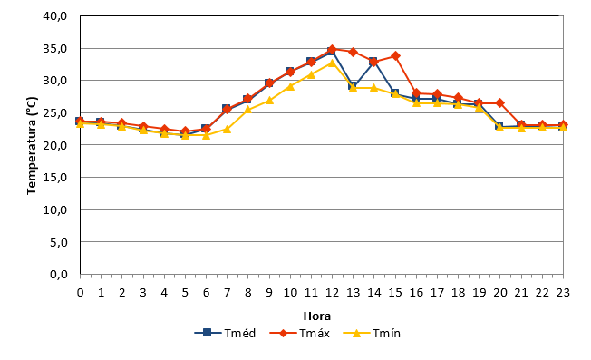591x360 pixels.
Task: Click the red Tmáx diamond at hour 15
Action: pos(395,56)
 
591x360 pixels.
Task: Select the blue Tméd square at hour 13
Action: pos(354,85)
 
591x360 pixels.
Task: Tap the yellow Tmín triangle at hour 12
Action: pos(332,63)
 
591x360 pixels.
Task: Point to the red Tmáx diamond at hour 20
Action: pos(500,102)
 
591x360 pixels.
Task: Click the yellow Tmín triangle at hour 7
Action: pos(227,129)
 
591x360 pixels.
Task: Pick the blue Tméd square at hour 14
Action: pos(373,62)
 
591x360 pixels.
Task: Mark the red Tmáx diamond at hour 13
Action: pos(354,52)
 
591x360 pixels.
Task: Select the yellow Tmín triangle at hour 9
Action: pos(269,101)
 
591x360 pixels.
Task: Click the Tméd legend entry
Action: pos(225,333)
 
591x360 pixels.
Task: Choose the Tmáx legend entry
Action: pos(300,333)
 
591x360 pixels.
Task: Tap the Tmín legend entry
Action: pos(372,333)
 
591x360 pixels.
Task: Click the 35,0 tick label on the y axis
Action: pos(55,49)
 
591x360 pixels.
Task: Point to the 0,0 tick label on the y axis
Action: pos(58,274)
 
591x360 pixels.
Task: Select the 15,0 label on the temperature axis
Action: pos(55,177)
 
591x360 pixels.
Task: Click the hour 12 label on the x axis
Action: pos(332,293)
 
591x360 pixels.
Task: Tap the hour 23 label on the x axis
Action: pos(563,293)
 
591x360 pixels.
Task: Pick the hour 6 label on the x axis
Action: pos(206,293)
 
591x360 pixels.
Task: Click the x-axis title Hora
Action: pos(317,316)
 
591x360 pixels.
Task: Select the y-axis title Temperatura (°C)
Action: pos(32,145)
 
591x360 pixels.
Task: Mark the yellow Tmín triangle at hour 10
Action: pos(290,86)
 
